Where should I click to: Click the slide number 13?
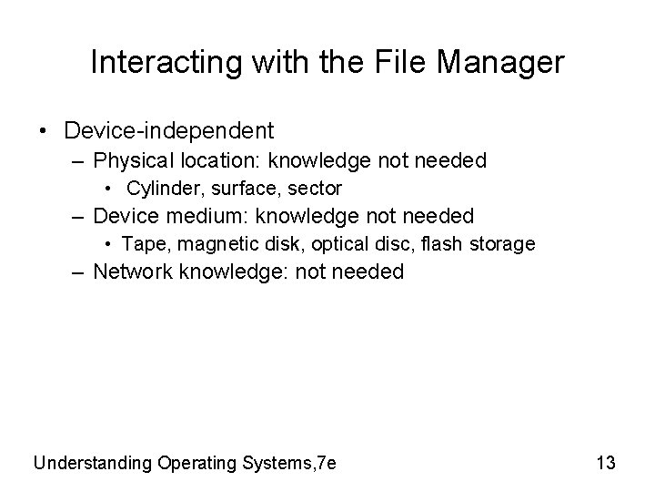[x=605, y=463]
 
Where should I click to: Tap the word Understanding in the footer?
[x=93, y=463]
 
